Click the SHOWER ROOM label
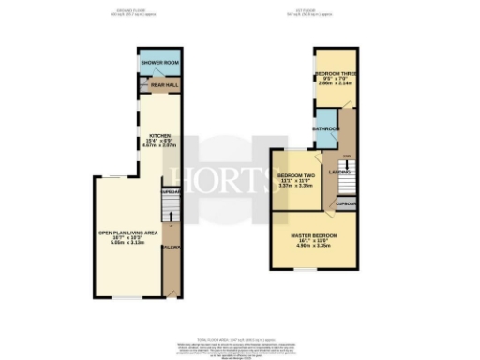159,63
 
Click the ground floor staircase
171,215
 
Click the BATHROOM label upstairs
327,129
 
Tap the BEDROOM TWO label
296,174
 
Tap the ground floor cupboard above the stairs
171,192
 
